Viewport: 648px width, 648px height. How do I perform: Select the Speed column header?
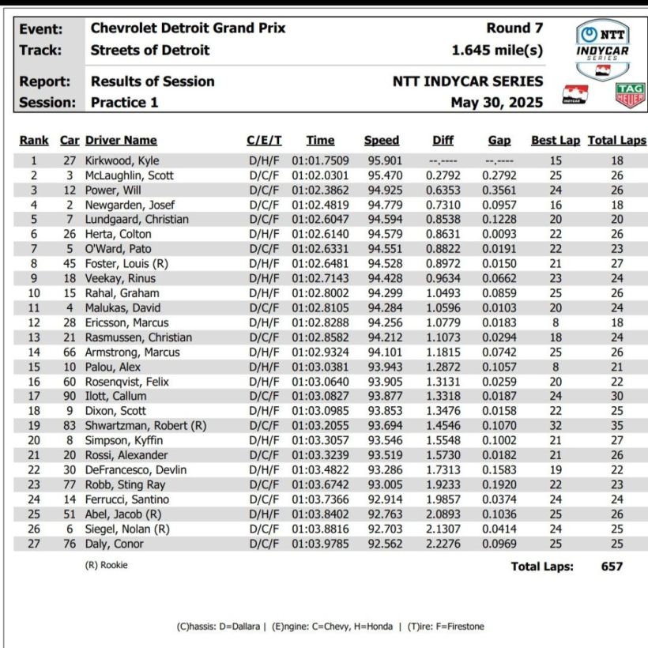pos(382,141)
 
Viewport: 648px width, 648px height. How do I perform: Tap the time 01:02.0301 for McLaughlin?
pos(320,175)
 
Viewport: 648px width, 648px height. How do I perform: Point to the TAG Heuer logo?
pos(629,95)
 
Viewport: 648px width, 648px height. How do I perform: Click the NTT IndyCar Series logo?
pos(603,50)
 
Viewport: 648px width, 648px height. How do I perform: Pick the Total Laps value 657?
pos(611,566)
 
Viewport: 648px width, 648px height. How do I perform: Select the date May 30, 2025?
pos(496,102)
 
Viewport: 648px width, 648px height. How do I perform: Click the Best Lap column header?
pos(555,141)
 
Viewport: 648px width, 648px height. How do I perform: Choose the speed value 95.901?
pos(382,160)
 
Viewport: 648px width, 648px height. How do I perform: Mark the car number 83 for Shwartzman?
pos(70,426)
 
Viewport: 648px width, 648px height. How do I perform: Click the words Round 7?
pos(514,28)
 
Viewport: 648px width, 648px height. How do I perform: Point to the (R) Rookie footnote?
pos(106,565)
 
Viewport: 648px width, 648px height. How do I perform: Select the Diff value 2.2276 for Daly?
pos(443,544)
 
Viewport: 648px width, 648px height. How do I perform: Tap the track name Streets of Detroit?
pos(150,50)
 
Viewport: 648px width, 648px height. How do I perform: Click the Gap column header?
pos(499,141)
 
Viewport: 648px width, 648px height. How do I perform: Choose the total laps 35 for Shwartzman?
pos(617,426)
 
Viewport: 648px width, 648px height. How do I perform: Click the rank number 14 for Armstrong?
pos(34,352)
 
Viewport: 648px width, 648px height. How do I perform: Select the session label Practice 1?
pos(124,102)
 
